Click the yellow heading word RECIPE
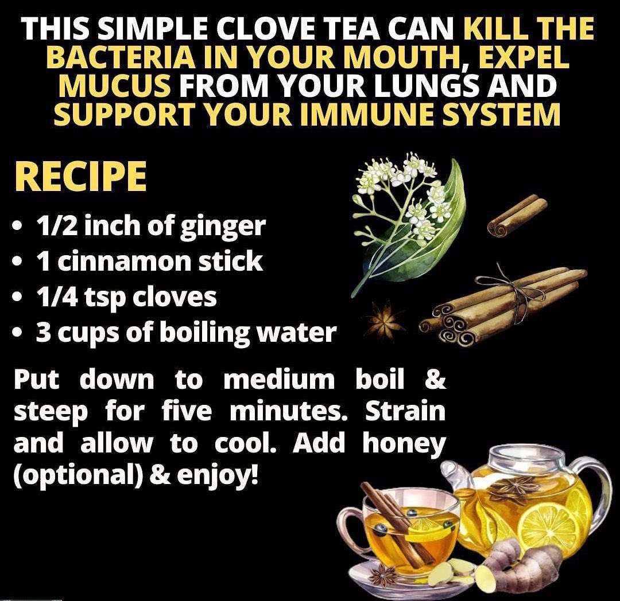tap(81, 177)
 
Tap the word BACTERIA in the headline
tap(121, 58)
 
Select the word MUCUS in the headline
tap(115, 87)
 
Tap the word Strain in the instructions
tap(405, 411)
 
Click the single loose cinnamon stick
tap(517, 216)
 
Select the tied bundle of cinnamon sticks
tap(502, 305)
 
